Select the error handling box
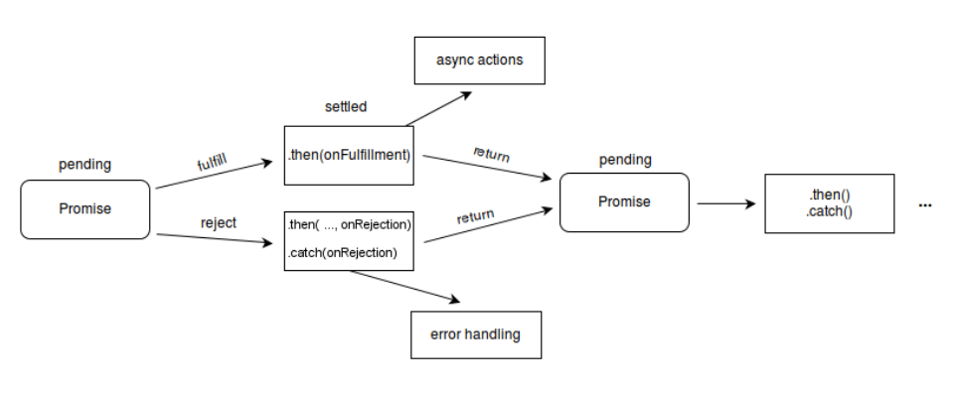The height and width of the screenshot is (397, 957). pyautogui.click(x=476, y=334)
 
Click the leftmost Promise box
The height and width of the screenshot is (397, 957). pyautogui.click(x=85, y=209)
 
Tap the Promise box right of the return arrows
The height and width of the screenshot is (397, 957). pyautogui.click(x=624, y=202)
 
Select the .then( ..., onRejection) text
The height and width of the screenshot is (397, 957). pyautogui.click(x=350, y=225)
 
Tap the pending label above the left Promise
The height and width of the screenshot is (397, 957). pyautogui.click(x=84, y=164)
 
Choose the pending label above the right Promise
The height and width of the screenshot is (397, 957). pyautogui.click(x=625, y=159)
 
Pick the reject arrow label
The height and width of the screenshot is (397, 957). pyautogui.click(x=218, y=223)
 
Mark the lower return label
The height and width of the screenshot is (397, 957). pyautogui.click(x=476, y=215)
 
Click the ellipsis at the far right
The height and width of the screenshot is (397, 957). pyautogui.click(x=925, y=205)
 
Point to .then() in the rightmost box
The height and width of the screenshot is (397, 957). pyautogui.click(x=829, y=196)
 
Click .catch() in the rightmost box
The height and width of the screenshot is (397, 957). pyautogui.click(x=829, y=211)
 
